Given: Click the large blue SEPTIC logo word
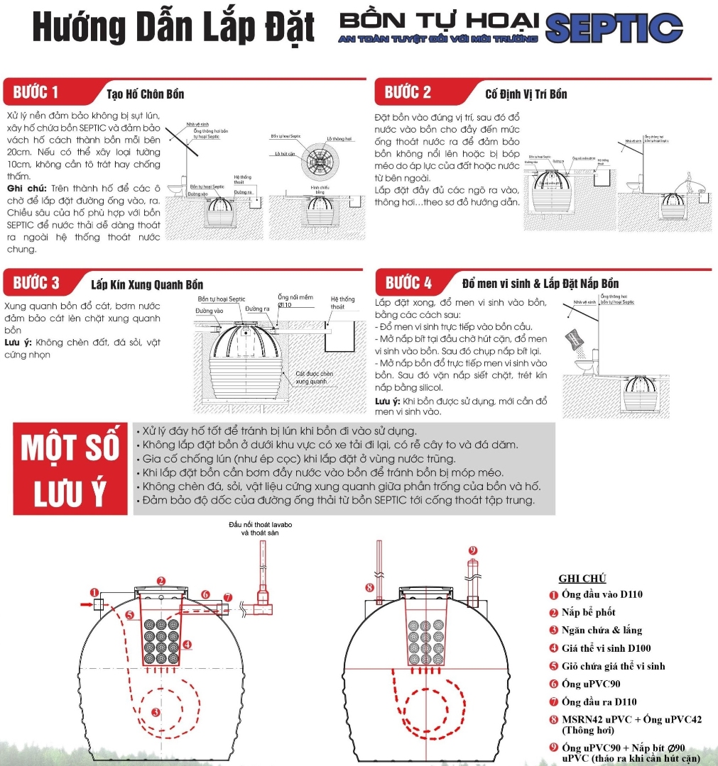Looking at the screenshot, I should [x=615, y=28].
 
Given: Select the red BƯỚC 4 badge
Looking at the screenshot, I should [x=408, y=283].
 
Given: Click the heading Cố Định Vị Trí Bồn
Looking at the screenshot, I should [x=526, y=94].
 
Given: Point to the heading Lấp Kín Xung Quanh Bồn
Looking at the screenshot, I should [x=147, y=285].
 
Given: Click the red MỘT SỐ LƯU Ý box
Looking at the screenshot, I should [x=69, y=470].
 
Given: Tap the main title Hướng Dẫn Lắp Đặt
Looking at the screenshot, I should [x=173, y=28].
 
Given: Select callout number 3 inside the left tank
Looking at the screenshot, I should [x=156, y=712].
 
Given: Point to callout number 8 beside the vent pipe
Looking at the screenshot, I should [x=369, y=587].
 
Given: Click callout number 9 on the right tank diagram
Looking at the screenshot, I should [x=472, y=550].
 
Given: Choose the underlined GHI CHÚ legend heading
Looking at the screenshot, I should [x=582, y=578].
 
